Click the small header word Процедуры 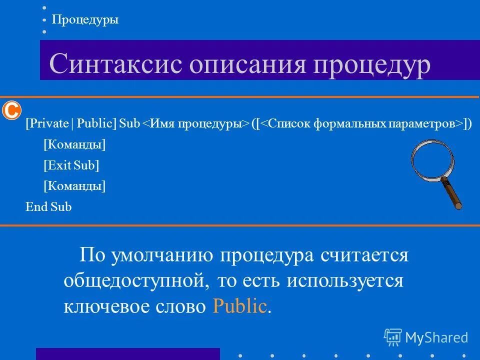85,20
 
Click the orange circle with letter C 11,110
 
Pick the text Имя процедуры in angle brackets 196,124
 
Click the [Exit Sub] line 71,165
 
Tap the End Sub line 48,207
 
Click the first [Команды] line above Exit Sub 74,145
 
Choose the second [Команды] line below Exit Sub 74,186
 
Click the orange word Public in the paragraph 239,306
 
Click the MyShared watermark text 436,337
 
